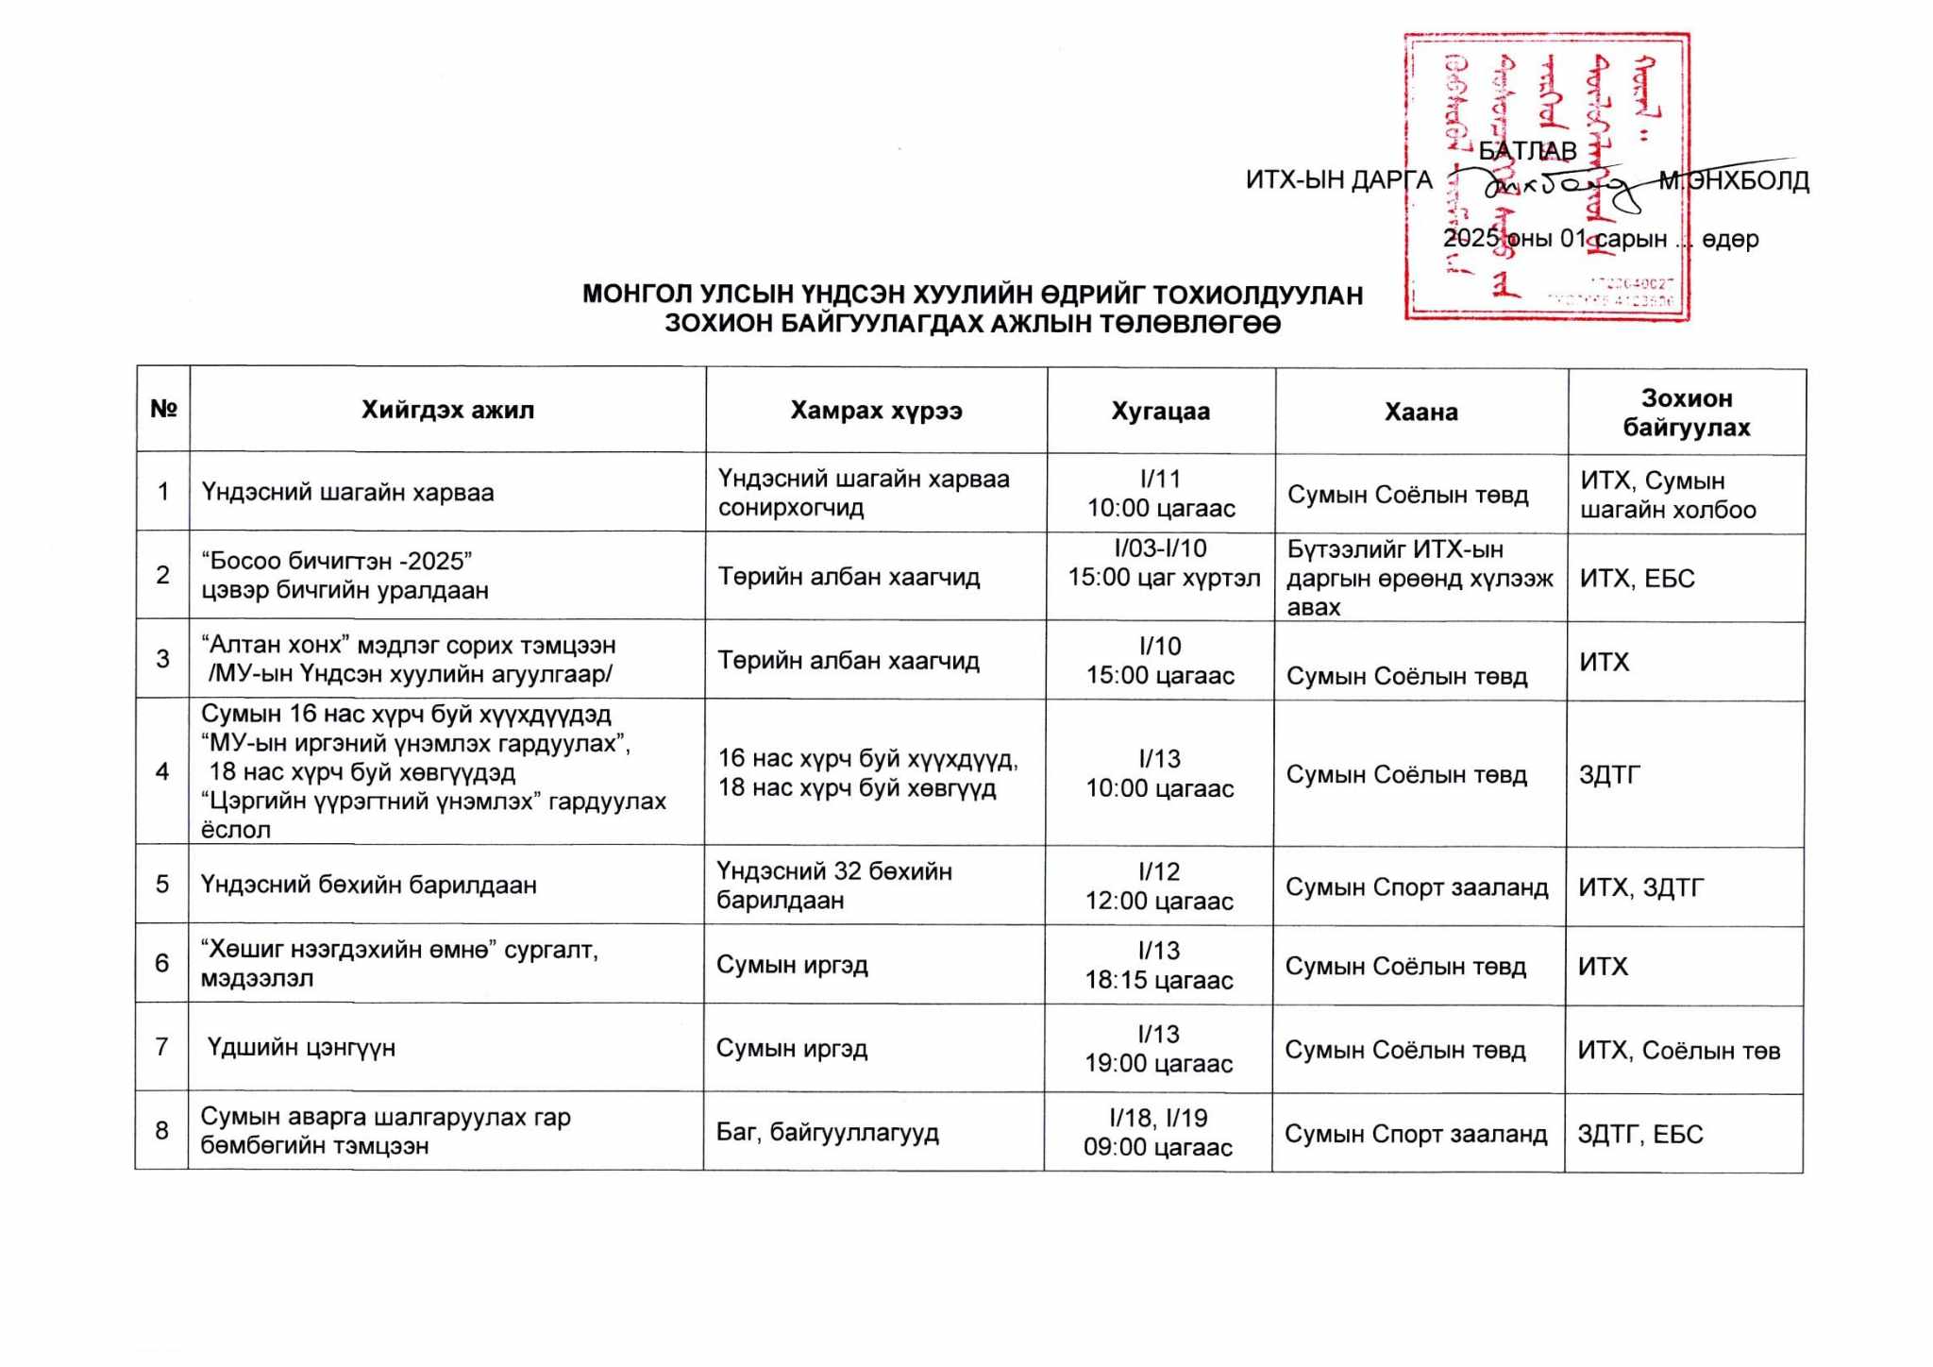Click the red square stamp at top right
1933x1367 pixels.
point(1546,177)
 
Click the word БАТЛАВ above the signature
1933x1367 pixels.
point(1527,151)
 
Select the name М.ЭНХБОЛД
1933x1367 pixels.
point(1735,181)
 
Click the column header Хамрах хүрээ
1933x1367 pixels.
point(876,411)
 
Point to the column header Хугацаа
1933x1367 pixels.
point(1160,412)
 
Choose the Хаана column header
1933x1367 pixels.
point(1420,412)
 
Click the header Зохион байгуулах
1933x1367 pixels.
point(1686,413)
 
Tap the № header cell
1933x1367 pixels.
point(163,409)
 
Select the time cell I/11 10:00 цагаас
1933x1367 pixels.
point(1160,494)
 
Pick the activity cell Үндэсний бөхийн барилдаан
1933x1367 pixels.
point(369,886)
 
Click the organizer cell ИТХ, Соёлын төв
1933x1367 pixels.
point(1678,1051)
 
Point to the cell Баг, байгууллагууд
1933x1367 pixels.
point(827,1132)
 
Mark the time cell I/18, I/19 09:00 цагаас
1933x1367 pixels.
point(1158,1133)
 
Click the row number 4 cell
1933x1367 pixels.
point(162,772)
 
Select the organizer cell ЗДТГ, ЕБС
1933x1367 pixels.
point(1639,1135)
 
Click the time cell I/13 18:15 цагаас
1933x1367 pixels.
point(1158,966)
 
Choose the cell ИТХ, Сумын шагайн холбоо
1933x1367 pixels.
point(1668,496)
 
